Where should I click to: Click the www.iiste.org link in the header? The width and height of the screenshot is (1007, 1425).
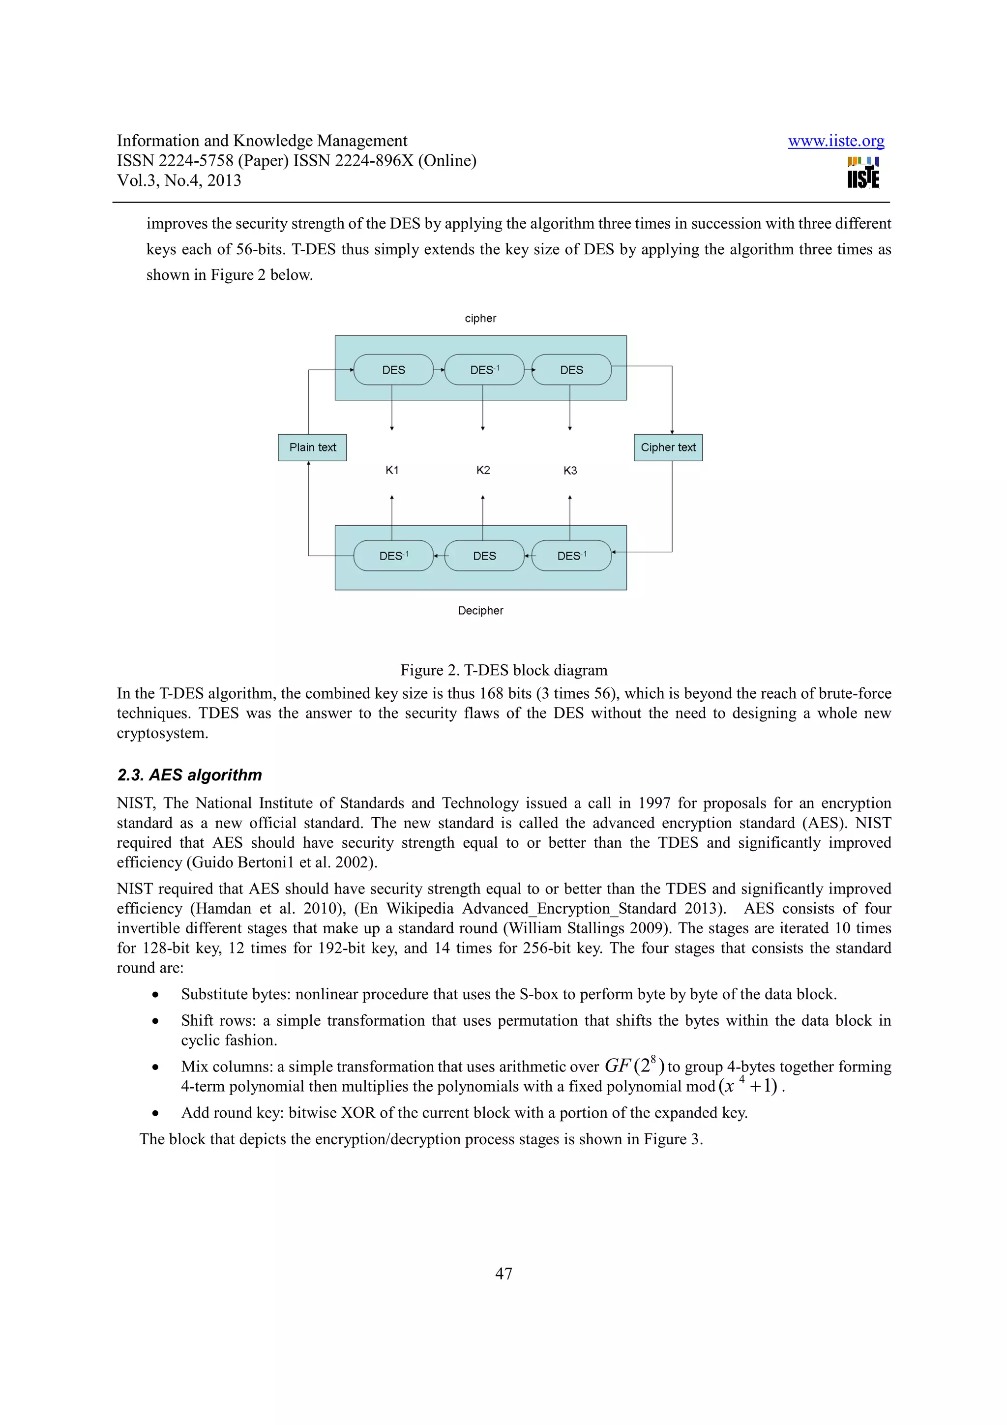836,141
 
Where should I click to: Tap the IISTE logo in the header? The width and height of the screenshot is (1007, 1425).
863,173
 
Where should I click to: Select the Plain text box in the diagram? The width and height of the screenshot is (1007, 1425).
312,447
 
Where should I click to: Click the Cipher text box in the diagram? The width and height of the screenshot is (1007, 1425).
668,447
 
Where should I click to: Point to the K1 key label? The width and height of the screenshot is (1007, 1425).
392,471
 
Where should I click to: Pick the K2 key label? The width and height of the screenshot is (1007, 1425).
483,471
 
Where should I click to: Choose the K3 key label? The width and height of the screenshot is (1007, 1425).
569,471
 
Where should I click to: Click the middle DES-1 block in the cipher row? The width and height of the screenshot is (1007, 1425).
484,370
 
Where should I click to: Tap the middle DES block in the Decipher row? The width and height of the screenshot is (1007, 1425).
484,556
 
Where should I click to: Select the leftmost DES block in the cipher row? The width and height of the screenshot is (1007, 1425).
393,370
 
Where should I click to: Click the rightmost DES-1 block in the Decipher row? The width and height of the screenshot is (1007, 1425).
571,556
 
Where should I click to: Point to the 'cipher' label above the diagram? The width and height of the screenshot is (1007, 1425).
480,319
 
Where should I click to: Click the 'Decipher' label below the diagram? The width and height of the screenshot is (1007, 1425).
480,611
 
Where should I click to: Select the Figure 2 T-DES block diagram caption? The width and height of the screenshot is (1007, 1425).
504,670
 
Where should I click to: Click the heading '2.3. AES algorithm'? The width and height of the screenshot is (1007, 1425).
189,775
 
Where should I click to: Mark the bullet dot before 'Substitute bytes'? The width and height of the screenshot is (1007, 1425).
156,995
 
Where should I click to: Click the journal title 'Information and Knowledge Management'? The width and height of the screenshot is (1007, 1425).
262,141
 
